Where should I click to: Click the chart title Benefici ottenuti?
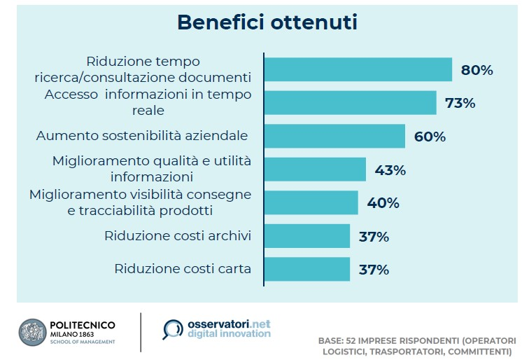[x=267, y=22]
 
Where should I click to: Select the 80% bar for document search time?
[x=358, y=69]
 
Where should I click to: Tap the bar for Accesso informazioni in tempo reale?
[x=351, y=103]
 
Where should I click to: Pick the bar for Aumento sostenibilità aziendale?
[x=334, y=136]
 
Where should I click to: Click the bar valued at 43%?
[x=315, y=169]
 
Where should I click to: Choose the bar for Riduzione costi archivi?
[x=307, y=236]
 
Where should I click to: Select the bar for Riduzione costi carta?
[x=307, y=269]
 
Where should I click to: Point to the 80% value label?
[x=477, y=70]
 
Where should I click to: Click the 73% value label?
[x=460, y=103]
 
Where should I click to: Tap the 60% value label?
[x=430, y=137]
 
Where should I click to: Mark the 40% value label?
[x=383, y=202]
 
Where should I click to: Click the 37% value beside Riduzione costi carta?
[x=374, y=270]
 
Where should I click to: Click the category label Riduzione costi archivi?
[x=178, y=235]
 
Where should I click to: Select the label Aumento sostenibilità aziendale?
[x=142, y=136]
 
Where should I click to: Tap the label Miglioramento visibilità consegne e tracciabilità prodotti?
[x=140, y=202]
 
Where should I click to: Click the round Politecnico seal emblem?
[x=32, y=332]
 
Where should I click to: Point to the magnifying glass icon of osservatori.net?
[x=172, y=329]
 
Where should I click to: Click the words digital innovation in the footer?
[x=229, y=333]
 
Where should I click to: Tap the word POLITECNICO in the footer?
[x=83, y=325]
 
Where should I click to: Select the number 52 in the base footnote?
[x=351, y=340]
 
